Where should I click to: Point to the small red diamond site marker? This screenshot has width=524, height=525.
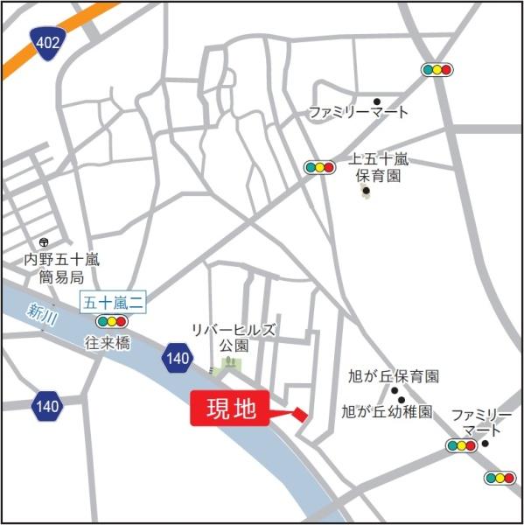click(x=300, y=414)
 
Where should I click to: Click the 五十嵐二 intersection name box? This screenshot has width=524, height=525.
click(x=114, y=303)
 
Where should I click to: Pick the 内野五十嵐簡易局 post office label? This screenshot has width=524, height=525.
click(x=64, y=268)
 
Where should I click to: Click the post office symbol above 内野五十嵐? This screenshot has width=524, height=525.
click(x=44, y=242)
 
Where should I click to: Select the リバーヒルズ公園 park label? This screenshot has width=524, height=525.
click(x=234, y=337)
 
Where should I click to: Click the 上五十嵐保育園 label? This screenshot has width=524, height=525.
click(x=379, y=167)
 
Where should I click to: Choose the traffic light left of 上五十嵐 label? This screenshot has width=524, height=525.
click(x=320, y=166)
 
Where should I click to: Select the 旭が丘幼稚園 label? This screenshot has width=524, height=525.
click(x=387, y=410)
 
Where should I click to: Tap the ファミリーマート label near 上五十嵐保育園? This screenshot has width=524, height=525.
click(x=359, y=113)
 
